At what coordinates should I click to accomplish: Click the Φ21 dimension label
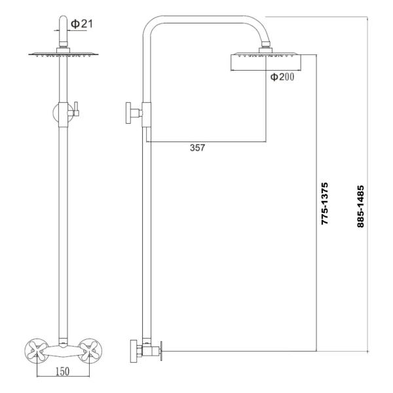pyautogui.click(x=82, y=24)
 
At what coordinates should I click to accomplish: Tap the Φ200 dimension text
pyautogui.click(x=282, y=77)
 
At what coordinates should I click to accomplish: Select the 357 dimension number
pyautogui.click(x=197, y=148)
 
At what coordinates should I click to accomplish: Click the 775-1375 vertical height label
pyautogui.click(x=325, y=204)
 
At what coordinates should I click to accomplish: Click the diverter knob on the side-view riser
pyautogui.click(x=131, y=114)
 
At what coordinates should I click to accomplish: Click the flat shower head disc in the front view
pyautogui.click(x=64, y=55)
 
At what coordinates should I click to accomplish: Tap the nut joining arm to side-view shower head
pyautogui.click(x=267, y=47)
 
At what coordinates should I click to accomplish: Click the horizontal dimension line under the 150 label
pyautogui.click(x=63, y=378)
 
